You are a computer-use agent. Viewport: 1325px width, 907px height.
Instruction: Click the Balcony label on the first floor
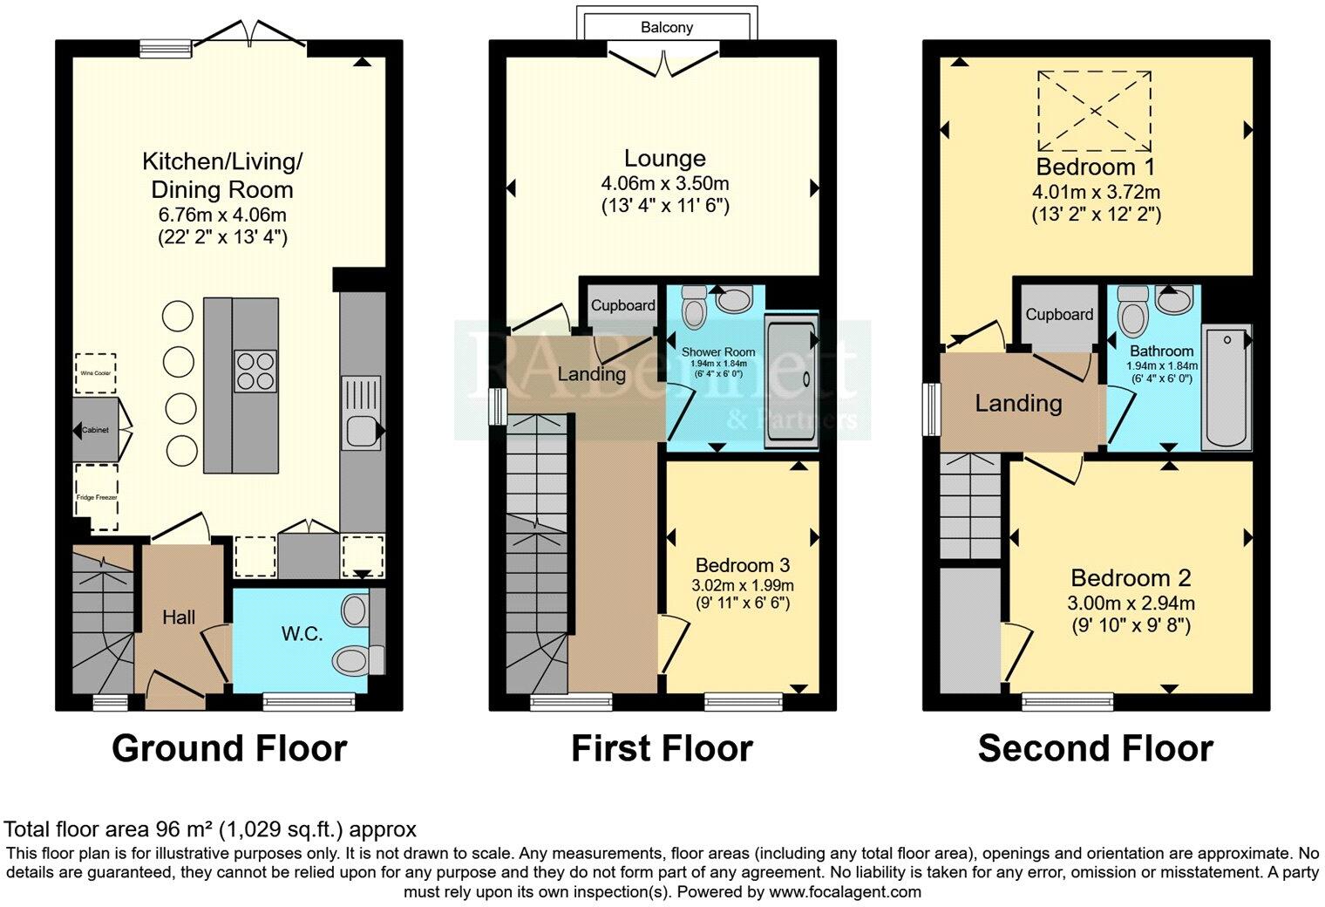667,27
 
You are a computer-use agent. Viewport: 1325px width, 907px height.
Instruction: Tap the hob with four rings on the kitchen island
255,371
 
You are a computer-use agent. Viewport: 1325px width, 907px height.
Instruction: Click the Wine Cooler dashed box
95,374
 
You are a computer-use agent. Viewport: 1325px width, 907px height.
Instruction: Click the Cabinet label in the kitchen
95,431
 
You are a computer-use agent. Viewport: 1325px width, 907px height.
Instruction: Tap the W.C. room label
302,634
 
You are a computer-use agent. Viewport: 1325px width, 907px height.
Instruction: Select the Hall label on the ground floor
179,617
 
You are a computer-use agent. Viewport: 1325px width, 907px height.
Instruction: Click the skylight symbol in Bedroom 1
1093,113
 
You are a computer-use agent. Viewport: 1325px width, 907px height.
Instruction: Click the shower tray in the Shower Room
791,381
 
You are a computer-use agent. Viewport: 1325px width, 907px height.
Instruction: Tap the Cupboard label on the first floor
622,305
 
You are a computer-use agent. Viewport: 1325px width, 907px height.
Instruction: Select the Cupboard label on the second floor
1058,314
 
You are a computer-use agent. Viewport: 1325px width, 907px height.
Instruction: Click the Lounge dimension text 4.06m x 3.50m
664,184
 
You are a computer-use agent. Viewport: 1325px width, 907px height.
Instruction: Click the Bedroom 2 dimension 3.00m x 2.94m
1131,603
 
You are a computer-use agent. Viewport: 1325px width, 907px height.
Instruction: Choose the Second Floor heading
1095,748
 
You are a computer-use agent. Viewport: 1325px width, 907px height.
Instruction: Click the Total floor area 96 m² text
210,829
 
